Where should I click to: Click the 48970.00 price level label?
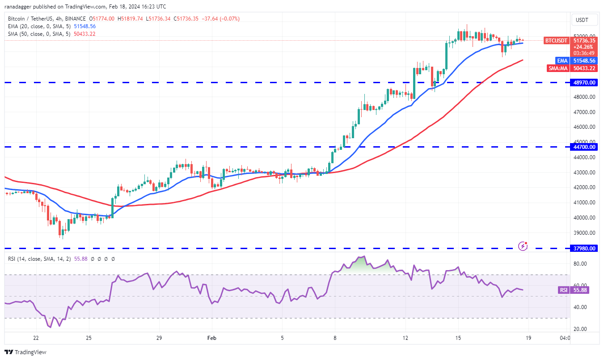(x=584, y=83)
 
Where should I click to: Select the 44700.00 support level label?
(x=584, y=147)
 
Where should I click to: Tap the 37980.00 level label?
(x=584, y=249)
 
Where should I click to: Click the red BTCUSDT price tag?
(x=556, y=41)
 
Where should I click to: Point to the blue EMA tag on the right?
(x=562, y=60)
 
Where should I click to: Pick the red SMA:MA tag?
(x=558, y=68)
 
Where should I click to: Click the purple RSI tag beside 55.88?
(x=563, y=290)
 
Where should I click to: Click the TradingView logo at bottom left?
(x=25, y=352)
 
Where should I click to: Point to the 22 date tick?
(x=36, y=338)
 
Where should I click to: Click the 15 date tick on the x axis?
(x=458, y=338)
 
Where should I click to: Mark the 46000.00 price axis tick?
(x=584, y=127)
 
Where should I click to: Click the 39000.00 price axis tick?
(x=584, y=233)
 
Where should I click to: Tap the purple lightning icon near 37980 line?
(x=523, y=246)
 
